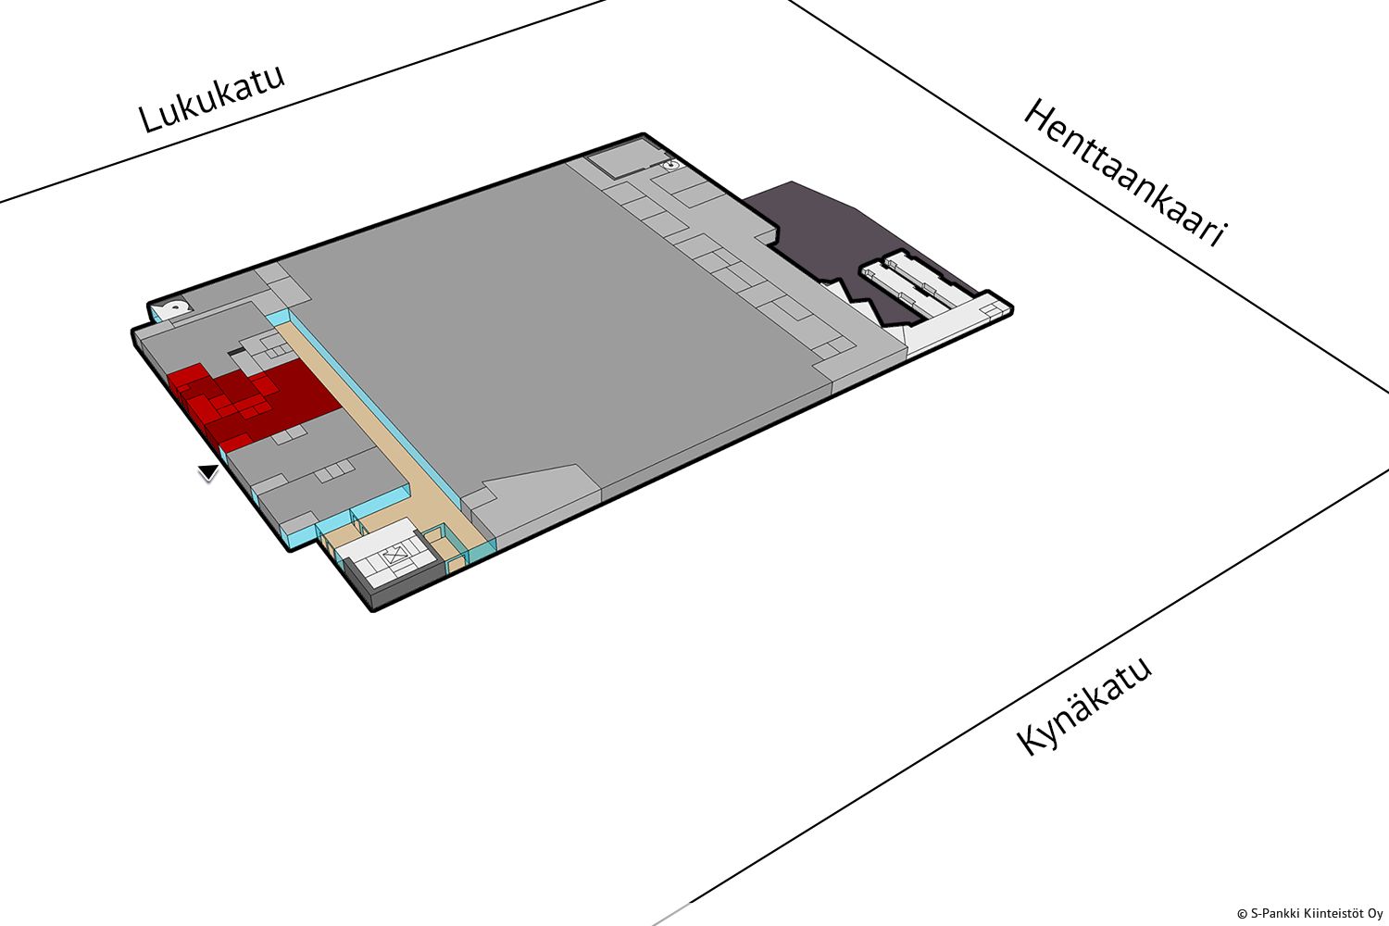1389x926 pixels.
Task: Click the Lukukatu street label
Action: [211, 98]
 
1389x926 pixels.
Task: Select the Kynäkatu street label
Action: [1084, 707]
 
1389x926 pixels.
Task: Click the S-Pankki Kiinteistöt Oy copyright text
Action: [1309, 914]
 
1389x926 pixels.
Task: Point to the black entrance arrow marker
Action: [209, 472]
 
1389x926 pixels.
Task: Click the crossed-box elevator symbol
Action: [394, 555]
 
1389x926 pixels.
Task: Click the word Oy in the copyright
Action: [1376, 914]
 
